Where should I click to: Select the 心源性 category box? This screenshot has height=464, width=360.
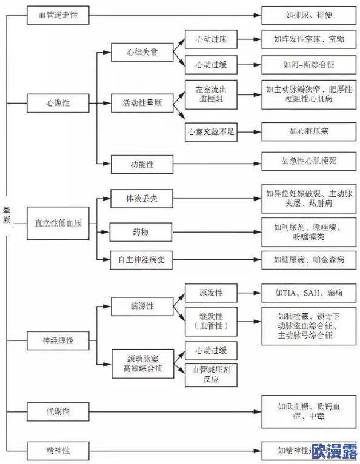58,102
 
